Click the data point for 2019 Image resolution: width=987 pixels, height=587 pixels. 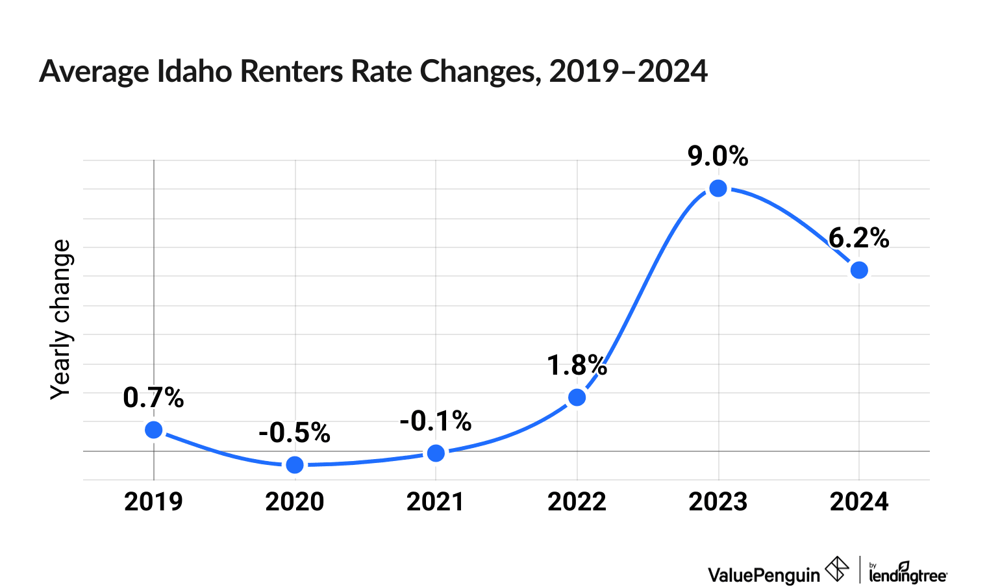(154, 430)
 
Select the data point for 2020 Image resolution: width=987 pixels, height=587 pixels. (295, 465)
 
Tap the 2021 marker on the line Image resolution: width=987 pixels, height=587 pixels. (436, 453)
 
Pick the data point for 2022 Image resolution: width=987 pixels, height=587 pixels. (577, 397)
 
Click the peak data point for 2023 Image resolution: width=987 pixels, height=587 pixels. (718, 189)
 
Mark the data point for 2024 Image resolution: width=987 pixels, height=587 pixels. (859, 270)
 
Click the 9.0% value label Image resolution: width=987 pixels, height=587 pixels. (718, 157)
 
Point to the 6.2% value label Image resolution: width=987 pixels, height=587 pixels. (859, 239)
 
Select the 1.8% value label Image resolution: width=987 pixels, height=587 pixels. (577, 366)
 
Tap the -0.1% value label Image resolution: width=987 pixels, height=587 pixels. (436, 421)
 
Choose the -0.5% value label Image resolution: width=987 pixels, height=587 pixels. (295, 433)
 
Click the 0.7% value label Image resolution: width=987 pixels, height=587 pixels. (154, 398)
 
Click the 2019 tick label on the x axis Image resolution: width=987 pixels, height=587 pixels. (154, 502)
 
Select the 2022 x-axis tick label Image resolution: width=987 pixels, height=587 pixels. (577, 502)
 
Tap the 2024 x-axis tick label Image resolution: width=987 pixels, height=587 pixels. (859, 502)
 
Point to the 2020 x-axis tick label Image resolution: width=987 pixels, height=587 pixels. (295, 502)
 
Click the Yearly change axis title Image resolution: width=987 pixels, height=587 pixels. (61, 319)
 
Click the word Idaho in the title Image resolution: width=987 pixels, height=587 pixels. (194, 71)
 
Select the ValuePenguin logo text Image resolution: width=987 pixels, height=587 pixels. (764, 575)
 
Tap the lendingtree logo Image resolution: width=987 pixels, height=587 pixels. (908, 573)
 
